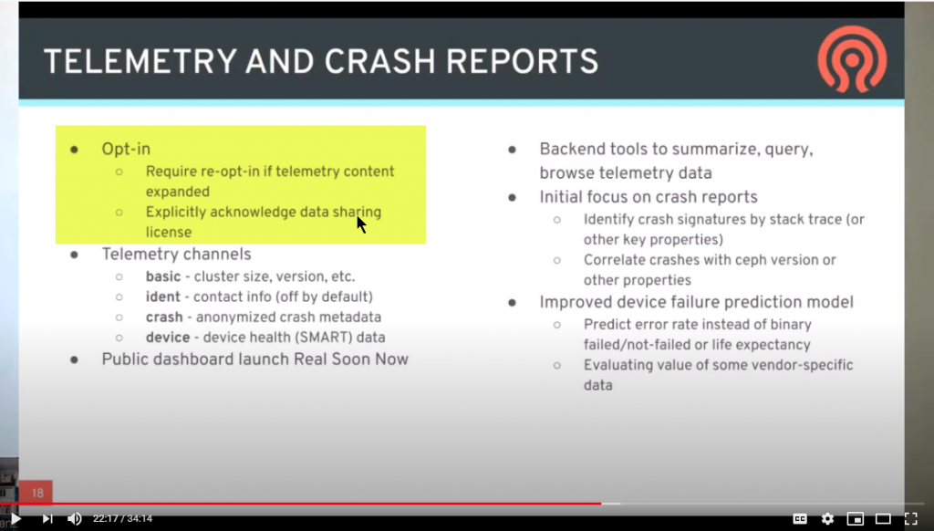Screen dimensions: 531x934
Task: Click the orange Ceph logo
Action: (x=853, y=60)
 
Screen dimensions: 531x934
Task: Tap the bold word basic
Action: (x=163, y=276)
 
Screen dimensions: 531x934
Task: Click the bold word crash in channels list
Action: (x=164, y=317)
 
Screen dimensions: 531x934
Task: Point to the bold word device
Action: (x=168, y=338)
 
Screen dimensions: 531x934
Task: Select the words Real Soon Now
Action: (x=350, y=359)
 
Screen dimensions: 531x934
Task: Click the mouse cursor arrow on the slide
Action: (x=361, y=224)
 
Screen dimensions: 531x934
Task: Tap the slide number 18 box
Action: (x=36, y=493)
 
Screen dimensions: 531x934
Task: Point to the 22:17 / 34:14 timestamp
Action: (x=123, y=518)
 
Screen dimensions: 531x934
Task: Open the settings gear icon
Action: (x=827, y=518)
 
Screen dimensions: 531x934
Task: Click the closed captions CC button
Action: (x=800, y=518)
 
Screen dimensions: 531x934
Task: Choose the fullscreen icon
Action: (x=910, y=518)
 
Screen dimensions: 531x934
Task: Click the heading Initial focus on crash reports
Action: (x=649, y=197)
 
